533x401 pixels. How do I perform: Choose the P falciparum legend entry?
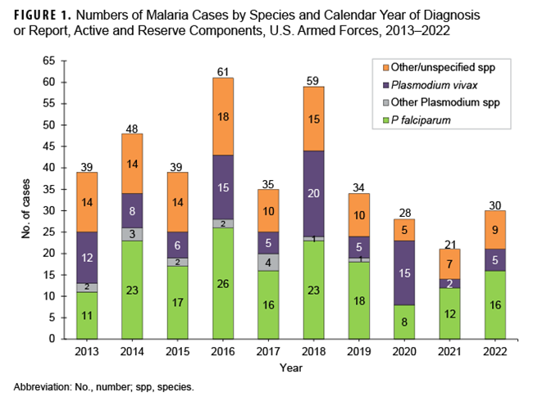pyautogui.click(x=422, y=120)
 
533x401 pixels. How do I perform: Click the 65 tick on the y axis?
pyautogui.click(x=49, y=61)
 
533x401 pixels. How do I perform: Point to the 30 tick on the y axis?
pyautogui.click(x=49, y=210)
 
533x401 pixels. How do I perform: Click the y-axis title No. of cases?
pyautogui.click(x=24, y=200)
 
